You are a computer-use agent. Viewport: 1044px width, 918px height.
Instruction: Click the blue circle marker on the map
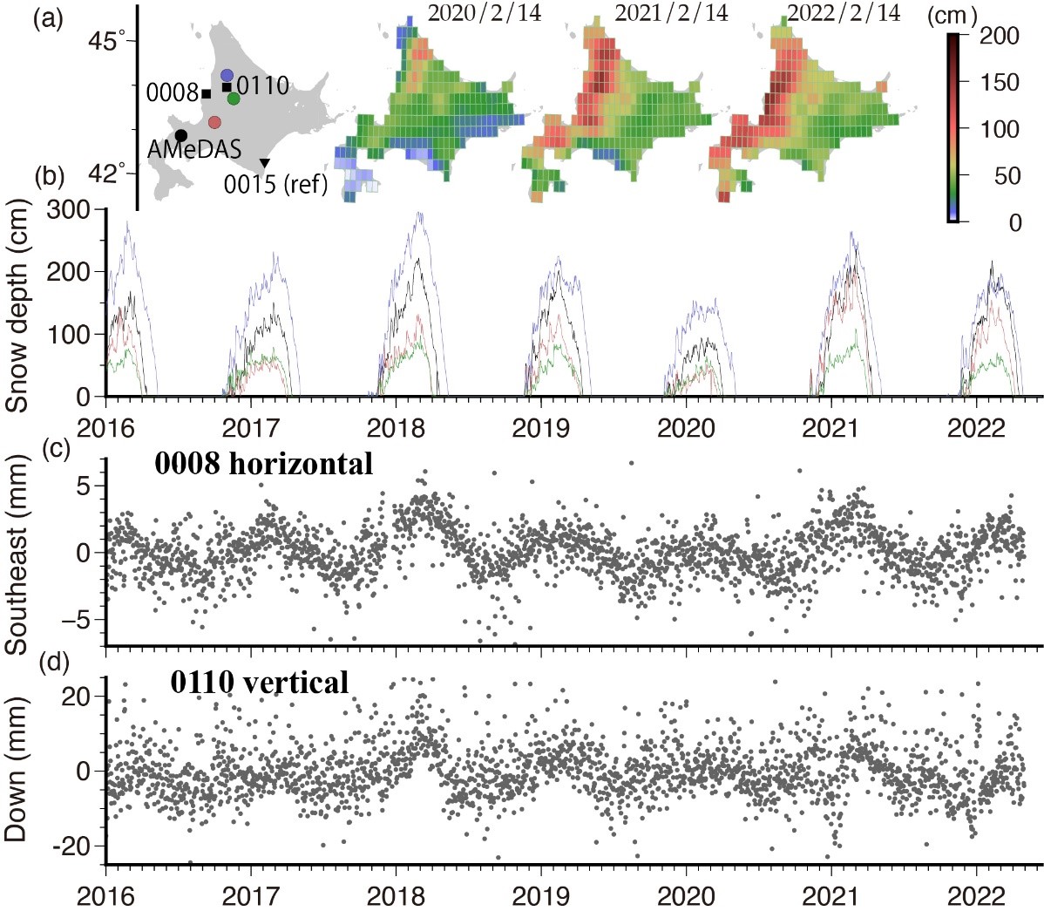pos(227,75)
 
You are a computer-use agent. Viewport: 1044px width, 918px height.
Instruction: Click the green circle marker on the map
pos(234,99)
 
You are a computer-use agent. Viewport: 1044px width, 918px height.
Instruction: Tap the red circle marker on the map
pos(214,121)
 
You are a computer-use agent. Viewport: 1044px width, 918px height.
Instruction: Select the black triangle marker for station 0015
pos(265,163)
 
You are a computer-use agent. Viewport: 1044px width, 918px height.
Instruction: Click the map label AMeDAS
pos(193,149)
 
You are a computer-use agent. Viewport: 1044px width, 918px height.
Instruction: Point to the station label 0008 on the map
pos(172,92)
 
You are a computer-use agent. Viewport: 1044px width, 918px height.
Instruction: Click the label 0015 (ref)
pos(275,185)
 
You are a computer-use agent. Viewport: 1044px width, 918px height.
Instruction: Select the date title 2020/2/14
pos(485,12)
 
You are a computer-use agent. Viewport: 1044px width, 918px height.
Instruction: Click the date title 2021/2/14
pos(672,12)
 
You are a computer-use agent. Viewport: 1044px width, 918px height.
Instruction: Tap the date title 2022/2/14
pos(844,12)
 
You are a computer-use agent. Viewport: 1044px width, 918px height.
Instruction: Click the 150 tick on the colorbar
pos(1000,83)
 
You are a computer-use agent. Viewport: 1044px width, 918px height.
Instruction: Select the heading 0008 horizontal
pos(264,464)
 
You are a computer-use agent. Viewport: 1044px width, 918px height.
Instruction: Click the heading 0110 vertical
pos(259,682)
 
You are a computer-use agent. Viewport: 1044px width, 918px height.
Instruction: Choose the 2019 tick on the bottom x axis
pos(539,896)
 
